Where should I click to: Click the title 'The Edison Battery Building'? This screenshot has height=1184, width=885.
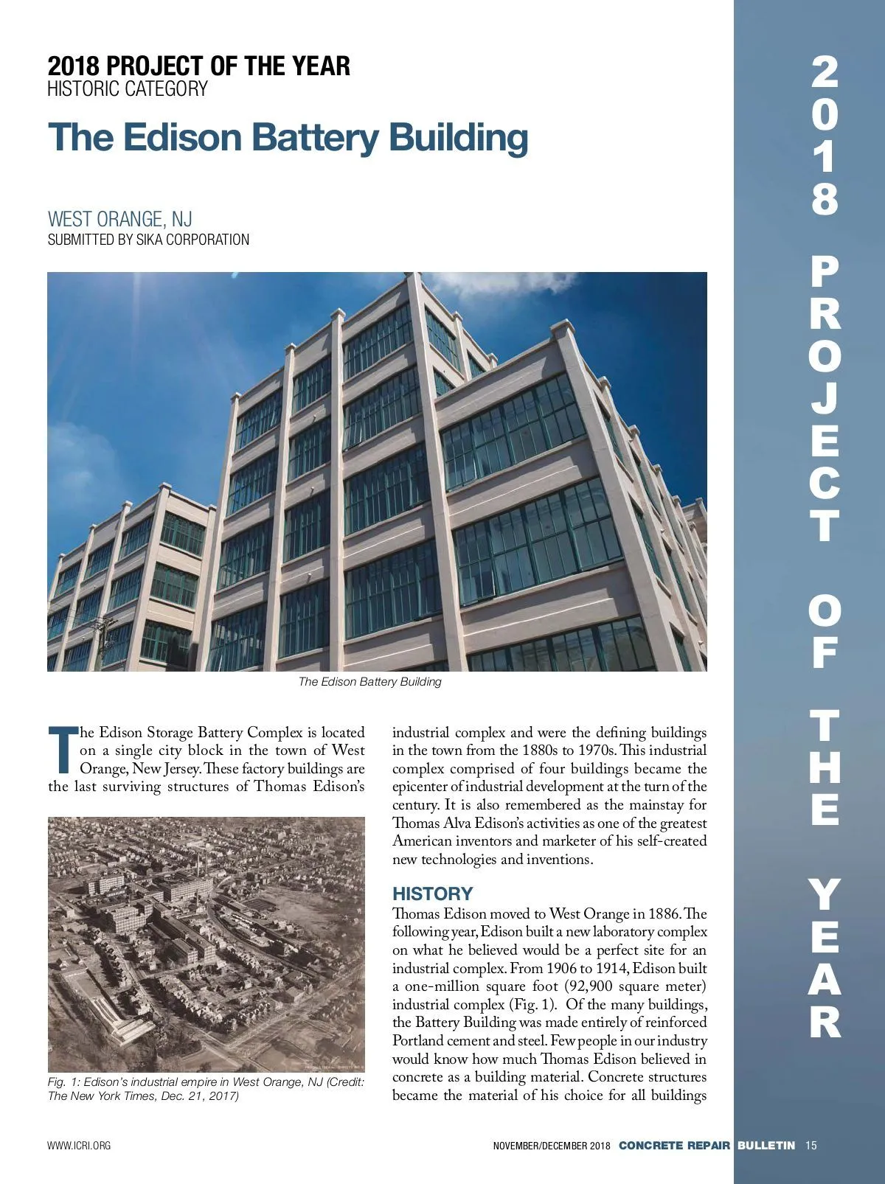[288, 137]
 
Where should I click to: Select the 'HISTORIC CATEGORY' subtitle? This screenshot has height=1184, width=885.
[128, 89]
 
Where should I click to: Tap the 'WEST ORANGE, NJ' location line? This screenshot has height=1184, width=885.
[119, 219]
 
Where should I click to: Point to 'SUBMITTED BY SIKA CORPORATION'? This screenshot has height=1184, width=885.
[148, 240]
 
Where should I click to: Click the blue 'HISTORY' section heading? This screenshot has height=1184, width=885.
[432, 894]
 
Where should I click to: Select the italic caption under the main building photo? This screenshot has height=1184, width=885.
[369, 682]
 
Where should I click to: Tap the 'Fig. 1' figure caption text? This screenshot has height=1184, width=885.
[206, 1089]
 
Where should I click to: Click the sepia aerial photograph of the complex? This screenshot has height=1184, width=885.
[206, 944]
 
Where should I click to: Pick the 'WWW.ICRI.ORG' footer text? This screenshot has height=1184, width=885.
[79, 1146]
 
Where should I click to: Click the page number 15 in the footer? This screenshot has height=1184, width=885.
[811, 1146]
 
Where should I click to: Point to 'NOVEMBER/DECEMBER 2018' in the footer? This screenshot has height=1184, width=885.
[552, 1146]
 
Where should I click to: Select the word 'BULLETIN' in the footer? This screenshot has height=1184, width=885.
[766, 1146]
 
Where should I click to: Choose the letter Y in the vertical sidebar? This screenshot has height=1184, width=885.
[825, 894]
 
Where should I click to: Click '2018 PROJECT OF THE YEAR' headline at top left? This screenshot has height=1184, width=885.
[198, 66]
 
